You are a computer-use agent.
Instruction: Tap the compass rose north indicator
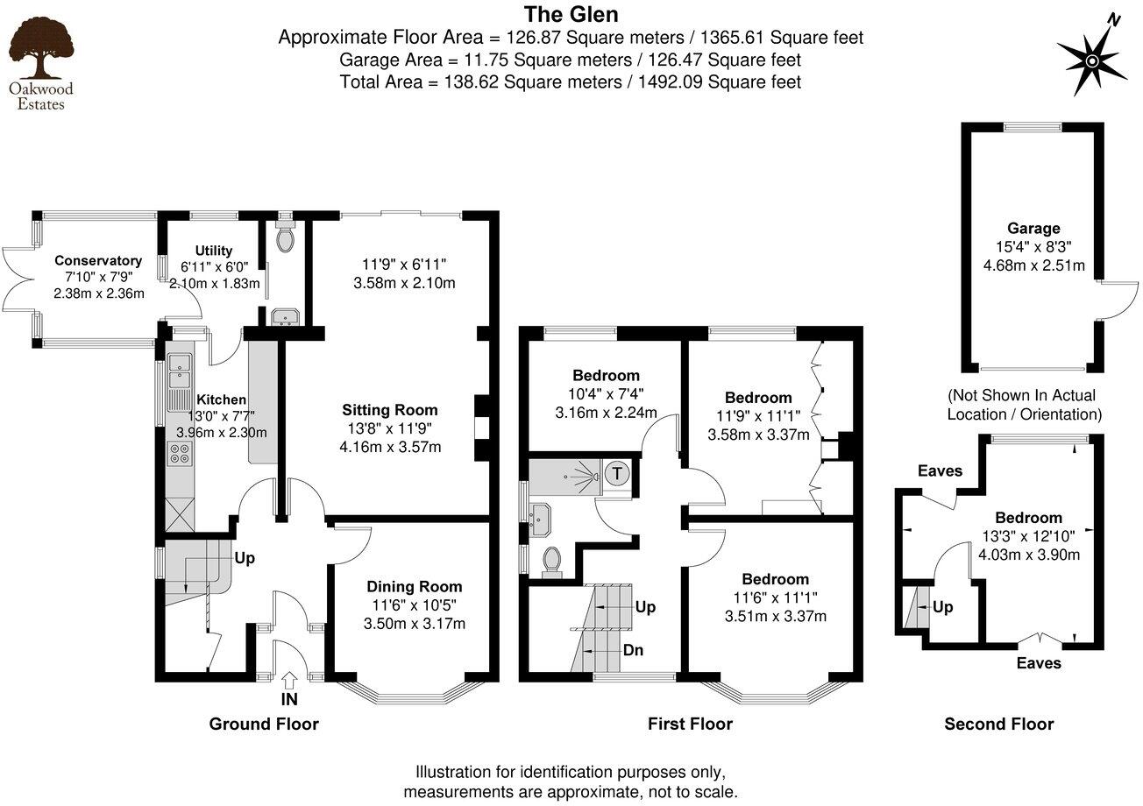1092,60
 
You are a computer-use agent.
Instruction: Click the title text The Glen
571,15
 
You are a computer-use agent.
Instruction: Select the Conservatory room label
97,260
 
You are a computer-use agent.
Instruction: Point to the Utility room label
214,251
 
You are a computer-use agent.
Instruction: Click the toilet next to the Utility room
285,237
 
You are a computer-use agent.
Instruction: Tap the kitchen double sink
180,370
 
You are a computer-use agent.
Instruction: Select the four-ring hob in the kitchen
180,453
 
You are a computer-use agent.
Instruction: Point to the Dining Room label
414,587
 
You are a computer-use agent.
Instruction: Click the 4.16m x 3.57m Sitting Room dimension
390,448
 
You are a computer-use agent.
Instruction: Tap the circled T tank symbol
618,474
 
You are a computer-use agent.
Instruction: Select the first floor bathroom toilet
551,561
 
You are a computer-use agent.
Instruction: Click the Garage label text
1033,229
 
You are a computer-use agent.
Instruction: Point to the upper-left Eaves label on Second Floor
940,471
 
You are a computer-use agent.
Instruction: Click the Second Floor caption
998,724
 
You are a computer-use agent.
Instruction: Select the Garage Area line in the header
570,60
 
